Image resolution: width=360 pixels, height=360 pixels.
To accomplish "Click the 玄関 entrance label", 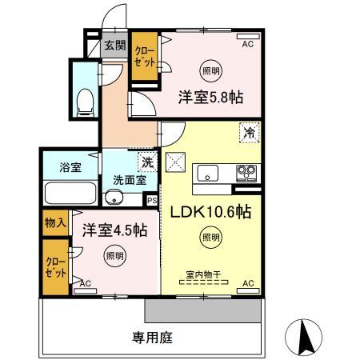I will click(x=114, y=46).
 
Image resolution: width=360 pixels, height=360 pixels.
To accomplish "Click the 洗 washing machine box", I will click(x=147, y=162).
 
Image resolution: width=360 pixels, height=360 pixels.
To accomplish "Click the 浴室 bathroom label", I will click(x=70, y=167).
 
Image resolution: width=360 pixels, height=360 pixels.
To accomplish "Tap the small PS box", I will click(x=151, y=201).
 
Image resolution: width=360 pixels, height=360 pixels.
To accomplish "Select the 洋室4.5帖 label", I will click(x=114, y=230).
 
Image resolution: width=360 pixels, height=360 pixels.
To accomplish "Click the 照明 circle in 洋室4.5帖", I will click(x=114, y=257).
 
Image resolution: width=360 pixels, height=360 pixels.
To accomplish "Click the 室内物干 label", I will click(x=203, y=274).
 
